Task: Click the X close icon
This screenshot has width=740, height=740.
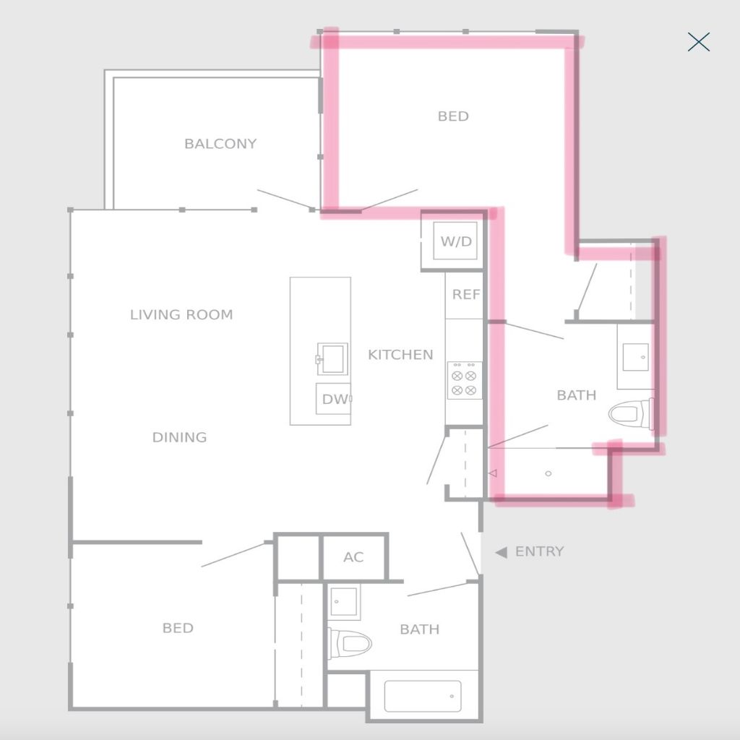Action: pos(699,42)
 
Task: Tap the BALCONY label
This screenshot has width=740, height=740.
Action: pos(220,144)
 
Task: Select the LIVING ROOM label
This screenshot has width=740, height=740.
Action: pos(181,314)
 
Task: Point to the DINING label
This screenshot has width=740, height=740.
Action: pos(179,437)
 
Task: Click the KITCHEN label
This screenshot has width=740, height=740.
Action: pos(400,354)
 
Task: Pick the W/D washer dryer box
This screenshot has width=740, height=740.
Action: pos(455,241)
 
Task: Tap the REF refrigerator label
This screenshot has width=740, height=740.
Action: pos(466,295)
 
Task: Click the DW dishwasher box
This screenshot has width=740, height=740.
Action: pos(334,399)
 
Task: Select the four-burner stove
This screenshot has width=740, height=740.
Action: pos(465,380)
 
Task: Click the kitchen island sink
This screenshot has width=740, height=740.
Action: pos(332,358)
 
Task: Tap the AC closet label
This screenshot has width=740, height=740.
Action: pos(353,557)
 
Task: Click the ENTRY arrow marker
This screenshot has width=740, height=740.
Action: pos(501,551)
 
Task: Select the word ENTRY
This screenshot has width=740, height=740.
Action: pos(539,551)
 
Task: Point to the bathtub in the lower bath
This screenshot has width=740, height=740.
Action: pos(423,696)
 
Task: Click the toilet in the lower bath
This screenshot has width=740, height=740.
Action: pos(350,642)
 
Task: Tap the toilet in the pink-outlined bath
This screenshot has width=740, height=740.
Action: pos(631,414)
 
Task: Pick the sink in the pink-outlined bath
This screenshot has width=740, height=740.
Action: pos(635,357)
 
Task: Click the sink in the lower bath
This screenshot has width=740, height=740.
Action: pos(343,602)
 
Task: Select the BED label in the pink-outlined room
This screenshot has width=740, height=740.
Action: pos(453,116)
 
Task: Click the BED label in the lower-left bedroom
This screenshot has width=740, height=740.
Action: pos(178,628)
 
